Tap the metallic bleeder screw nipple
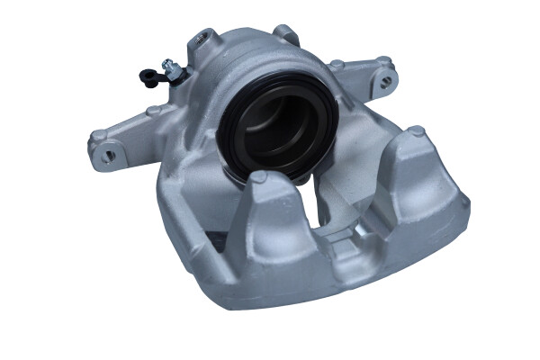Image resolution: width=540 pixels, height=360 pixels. [x=169, y=65]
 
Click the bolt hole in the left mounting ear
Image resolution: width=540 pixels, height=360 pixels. [x=108, y=154]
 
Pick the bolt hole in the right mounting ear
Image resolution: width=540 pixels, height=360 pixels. [x=386, y=79]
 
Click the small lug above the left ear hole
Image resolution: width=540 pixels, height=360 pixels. [x=96, y=136]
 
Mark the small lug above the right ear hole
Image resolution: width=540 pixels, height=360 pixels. [x=383, y=62]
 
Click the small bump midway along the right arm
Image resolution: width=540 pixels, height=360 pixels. [x=335, y=66]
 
